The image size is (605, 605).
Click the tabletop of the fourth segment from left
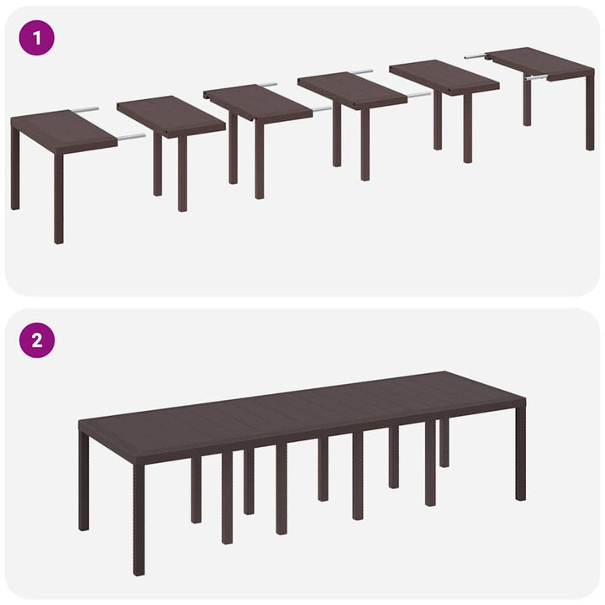(x=351, y=90)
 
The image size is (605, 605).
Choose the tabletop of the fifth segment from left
(x=444, y=76)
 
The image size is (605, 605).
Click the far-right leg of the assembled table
(x=521, y=454)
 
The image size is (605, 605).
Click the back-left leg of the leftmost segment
(x=15, y=168)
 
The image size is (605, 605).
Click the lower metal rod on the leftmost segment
(x=130, y=136)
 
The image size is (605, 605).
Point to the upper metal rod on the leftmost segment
(x=84, y=109)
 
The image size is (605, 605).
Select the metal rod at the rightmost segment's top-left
(x=475, y=56)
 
